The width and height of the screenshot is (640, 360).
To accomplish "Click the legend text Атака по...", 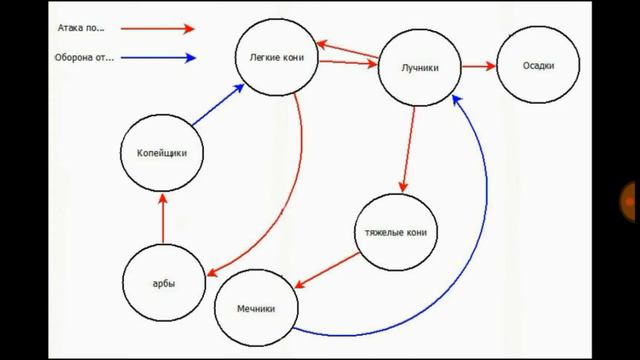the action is (81, 28).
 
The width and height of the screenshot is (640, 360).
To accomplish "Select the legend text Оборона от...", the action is (84, 58).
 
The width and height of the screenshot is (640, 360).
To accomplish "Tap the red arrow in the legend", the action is (158, 29).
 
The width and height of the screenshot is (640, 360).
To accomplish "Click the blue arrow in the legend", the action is (158, 58).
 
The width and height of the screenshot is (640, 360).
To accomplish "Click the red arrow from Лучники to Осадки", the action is (479, 66).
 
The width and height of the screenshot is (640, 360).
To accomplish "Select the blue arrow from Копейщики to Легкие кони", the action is (218, 104).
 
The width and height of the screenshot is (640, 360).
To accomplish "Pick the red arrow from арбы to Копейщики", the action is (163, 218).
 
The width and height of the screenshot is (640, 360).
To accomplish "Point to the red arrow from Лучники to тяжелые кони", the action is (409, 149).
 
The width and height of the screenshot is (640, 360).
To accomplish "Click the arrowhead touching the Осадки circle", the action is (490, 66).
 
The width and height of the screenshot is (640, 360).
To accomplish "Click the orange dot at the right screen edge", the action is (629, 202).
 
